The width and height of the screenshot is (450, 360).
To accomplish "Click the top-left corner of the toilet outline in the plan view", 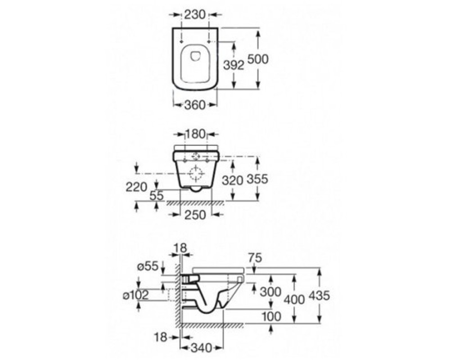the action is click(x=173, y=28).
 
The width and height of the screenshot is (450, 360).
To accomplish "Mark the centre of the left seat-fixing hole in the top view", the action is click(x=181, y=42).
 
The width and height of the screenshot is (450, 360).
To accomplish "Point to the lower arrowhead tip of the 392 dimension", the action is click(x=234, y=88).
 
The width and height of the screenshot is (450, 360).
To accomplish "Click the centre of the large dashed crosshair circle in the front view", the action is click(x=196, y=173).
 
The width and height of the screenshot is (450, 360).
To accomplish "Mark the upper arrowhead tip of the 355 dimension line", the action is click(x=257, y=157).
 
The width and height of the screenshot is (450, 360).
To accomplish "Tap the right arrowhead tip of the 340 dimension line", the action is click(x=223, y=348).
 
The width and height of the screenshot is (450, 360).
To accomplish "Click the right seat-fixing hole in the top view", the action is click(x=209, y=42).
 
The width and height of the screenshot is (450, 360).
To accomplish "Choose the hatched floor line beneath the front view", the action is click(x=195, y=203).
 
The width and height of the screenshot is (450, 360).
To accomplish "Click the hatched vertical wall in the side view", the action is click(x=178, y=292).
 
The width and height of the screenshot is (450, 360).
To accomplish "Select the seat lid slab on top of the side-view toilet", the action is click(x=219, y=270).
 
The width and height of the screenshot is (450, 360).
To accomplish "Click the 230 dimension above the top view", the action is click(x=195, y=14).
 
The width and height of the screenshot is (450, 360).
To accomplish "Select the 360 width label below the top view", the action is click(x=195, y=105).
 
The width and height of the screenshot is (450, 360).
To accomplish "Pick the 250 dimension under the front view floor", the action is click(x=195, y=215).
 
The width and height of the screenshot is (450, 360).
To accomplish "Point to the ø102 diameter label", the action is click(x=136, y=295).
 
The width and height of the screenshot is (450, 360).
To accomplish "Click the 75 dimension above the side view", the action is click(x=255, y=258).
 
